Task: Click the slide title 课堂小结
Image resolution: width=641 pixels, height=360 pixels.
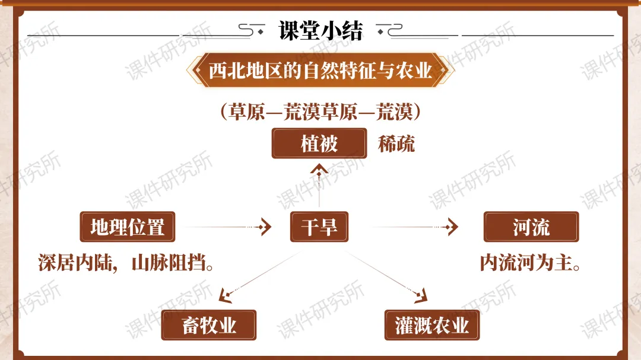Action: [x=320, y=31]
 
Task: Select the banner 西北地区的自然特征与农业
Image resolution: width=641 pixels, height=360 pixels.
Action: [x=320, y=71]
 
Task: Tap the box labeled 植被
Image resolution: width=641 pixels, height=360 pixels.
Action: [x=319, y=144]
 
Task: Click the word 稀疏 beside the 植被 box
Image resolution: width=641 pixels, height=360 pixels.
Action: [x=396, y=144]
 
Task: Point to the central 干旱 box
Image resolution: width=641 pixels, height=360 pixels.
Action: [x=319, y=227]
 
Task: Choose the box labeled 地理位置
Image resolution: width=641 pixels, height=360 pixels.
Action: [x=127, y=227]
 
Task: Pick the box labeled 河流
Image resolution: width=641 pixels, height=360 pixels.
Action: [x=531, y=227]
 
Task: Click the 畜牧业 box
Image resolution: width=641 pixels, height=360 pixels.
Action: [x=209, y=325]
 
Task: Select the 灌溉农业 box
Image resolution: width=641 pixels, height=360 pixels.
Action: [x=431, y=325]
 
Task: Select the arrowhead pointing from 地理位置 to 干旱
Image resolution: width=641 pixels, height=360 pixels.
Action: [x=265, y=227]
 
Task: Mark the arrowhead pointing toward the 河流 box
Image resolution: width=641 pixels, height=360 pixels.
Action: [x=453, y=227]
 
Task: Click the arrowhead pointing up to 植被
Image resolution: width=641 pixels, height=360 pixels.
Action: [x=319, y=171]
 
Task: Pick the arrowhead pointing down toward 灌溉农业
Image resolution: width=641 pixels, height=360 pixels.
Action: [x=420, y=294]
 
